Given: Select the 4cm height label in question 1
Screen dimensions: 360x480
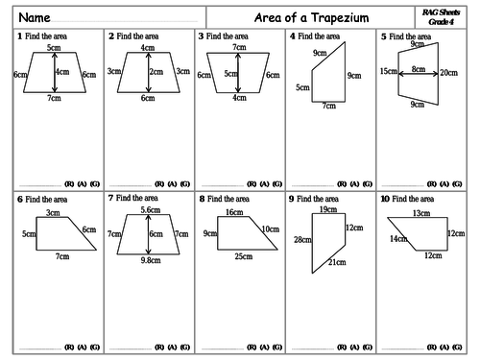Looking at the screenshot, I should click(62, 72).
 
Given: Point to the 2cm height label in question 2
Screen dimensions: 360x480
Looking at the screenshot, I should click(155, 72).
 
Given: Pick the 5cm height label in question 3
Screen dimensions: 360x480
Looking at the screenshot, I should click(230, 73).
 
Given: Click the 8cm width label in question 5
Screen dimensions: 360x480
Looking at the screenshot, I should click(418, 69).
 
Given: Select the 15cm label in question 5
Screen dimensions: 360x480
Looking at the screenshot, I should click(388, 72).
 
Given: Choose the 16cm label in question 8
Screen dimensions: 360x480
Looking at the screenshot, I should click(234, 211).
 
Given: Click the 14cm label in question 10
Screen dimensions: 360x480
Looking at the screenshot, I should click(397, 238).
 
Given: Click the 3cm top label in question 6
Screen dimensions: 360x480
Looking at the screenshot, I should click(52, 213).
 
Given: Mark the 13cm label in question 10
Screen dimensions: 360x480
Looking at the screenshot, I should click(420, 213).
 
